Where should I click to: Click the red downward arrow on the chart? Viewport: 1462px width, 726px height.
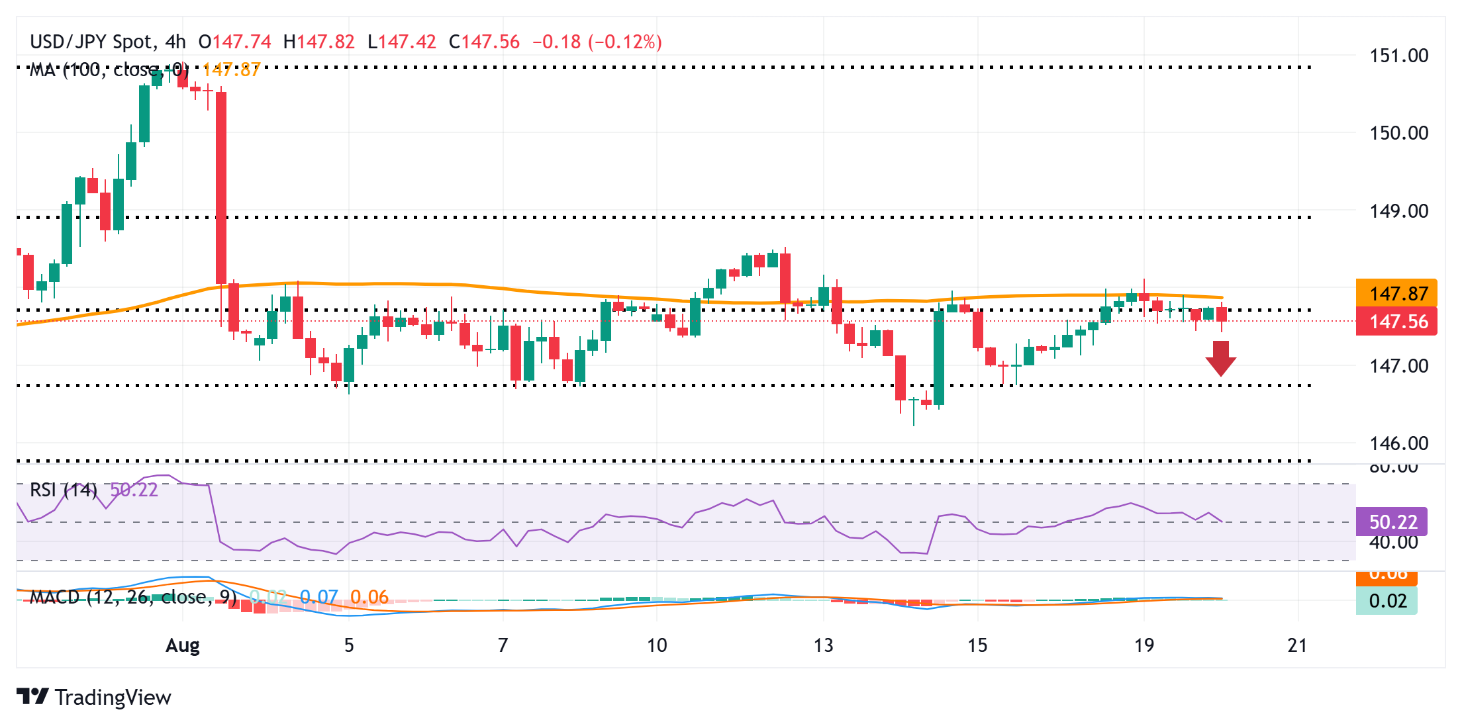[1220, 358]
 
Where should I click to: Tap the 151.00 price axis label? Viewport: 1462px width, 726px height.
[1398, 56]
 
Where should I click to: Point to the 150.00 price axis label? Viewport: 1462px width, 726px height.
[1398, 133]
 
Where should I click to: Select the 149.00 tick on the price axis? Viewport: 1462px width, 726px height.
[1398, 211]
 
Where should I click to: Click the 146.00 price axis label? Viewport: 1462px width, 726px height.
[1398, 443]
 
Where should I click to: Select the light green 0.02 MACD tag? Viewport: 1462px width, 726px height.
[1387, 601]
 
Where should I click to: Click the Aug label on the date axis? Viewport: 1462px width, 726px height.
[183, 645]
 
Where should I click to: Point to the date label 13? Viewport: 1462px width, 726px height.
[823, 645]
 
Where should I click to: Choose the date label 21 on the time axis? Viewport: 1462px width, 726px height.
[1297, 645]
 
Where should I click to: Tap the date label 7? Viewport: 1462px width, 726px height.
[503, 645]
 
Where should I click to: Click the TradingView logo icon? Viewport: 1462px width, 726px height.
[32, 697]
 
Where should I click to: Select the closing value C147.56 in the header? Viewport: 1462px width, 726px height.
[484, 42]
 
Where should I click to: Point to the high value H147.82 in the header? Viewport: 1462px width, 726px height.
[319, 42]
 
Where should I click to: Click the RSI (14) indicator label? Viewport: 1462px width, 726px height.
[64, 490]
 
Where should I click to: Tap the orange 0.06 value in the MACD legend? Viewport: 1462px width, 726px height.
[369, 597]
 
